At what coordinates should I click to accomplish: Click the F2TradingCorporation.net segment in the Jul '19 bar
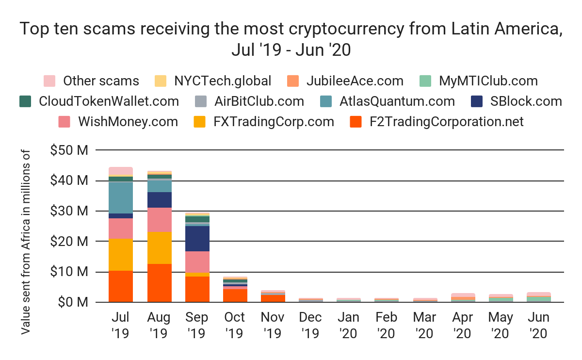coord(121,286)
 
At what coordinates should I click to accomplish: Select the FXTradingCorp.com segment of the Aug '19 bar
coord(159,247)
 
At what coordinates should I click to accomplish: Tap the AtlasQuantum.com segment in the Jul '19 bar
coord(121,197)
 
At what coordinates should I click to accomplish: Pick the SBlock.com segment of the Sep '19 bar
coord(197,238)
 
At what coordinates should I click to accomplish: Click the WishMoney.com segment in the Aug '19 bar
coord(159,219)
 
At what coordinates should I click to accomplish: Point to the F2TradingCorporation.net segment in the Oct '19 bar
coord(235,295)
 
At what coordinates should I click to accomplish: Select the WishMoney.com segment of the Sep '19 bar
coord(197,262)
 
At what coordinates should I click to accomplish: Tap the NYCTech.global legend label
coord(223,81)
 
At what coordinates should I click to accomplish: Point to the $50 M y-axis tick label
coord(69,150)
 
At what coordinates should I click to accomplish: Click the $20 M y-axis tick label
coord(69,241)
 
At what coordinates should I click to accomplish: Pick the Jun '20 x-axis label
coord(539,325)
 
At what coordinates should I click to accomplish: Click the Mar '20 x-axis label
coord(425,325)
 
